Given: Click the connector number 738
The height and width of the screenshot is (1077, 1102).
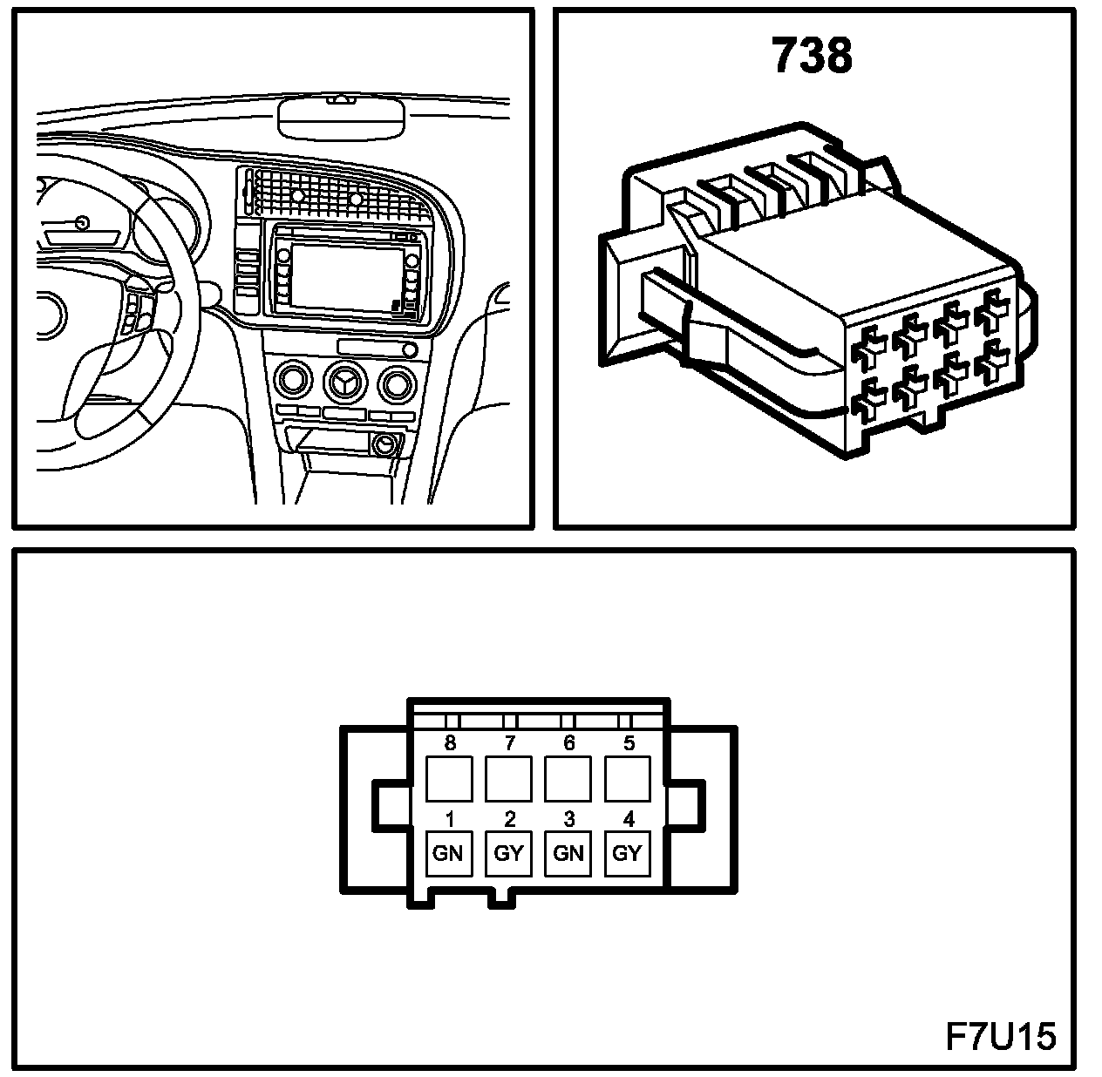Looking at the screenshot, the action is tap(812, 56).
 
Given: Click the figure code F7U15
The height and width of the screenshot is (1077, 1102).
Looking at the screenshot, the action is tap(1001, 1037).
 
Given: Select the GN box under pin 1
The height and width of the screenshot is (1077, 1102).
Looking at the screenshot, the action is tap(448, 853).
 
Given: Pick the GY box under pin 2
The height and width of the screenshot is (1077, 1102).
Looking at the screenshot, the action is tap(508, 853).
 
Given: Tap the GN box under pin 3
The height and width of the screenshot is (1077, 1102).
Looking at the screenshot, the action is tap(568, 853).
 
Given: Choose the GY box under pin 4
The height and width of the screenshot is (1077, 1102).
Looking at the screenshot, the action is tap(627, 853).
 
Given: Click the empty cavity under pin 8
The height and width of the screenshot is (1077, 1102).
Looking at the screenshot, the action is tap(448, 778).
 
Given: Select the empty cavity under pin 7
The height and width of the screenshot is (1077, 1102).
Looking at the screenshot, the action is tap(508, 778).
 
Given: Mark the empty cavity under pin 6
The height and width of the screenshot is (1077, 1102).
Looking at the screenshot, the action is tap(568, 778).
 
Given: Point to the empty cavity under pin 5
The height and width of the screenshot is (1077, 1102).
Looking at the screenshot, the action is tap(627, 778).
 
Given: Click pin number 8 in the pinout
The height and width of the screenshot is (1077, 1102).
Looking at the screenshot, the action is tap(450, 743).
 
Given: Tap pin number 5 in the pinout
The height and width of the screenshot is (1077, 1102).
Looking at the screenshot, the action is tap(629, 743).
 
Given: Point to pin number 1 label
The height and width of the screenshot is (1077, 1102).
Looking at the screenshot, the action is tap(450, 819).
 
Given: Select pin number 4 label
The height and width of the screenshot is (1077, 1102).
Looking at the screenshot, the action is tap(629, 819).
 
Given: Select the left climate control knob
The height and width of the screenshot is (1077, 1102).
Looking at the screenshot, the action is tap(292, 382).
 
